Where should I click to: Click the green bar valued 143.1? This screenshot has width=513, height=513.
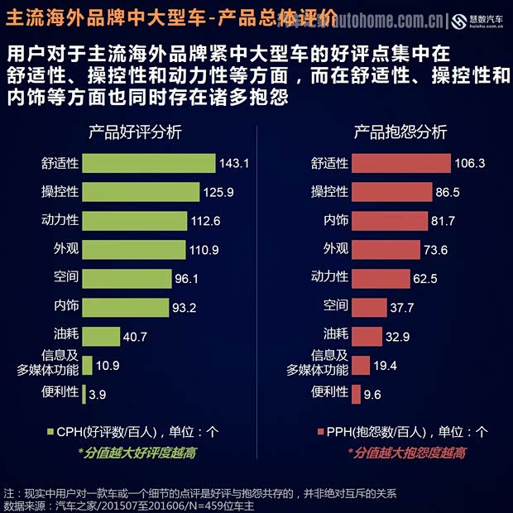pos(149,163)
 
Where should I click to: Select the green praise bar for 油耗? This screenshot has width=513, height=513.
pos(102,336)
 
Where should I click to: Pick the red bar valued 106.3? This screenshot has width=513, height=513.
pos(400,163)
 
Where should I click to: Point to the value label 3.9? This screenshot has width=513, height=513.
pos(97,395)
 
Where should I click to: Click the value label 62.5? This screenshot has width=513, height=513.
pos(424,279)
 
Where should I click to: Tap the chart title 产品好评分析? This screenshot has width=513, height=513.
pos(136,132)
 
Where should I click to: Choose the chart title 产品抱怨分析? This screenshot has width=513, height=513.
pos(400,132)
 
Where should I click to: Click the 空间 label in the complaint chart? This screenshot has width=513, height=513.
pos(335,306)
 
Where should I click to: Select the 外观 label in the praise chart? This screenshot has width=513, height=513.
pos(65,248)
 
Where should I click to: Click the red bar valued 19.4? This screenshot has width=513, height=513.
pos(360,365)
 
